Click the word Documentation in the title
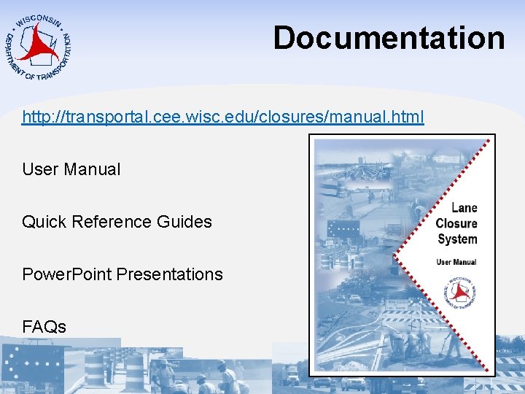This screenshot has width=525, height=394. click(389, 38)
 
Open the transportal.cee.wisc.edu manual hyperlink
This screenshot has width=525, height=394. click(222, 117)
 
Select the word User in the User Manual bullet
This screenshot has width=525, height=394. click(40, 169)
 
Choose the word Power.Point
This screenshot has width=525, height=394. click(67, 274)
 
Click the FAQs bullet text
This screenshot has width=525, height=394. click(44, 327)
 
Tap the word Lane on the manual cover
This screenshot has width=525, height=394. click(464, 208)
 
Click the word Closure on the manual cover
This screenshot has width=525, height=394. click(456, 223)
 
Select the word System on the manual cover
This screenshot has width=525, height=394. click(457, 239)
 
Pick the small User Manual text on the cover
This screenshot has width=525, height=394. click(456, 262)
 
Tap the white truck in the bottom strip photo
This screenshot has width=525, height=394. click(292, 375)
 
